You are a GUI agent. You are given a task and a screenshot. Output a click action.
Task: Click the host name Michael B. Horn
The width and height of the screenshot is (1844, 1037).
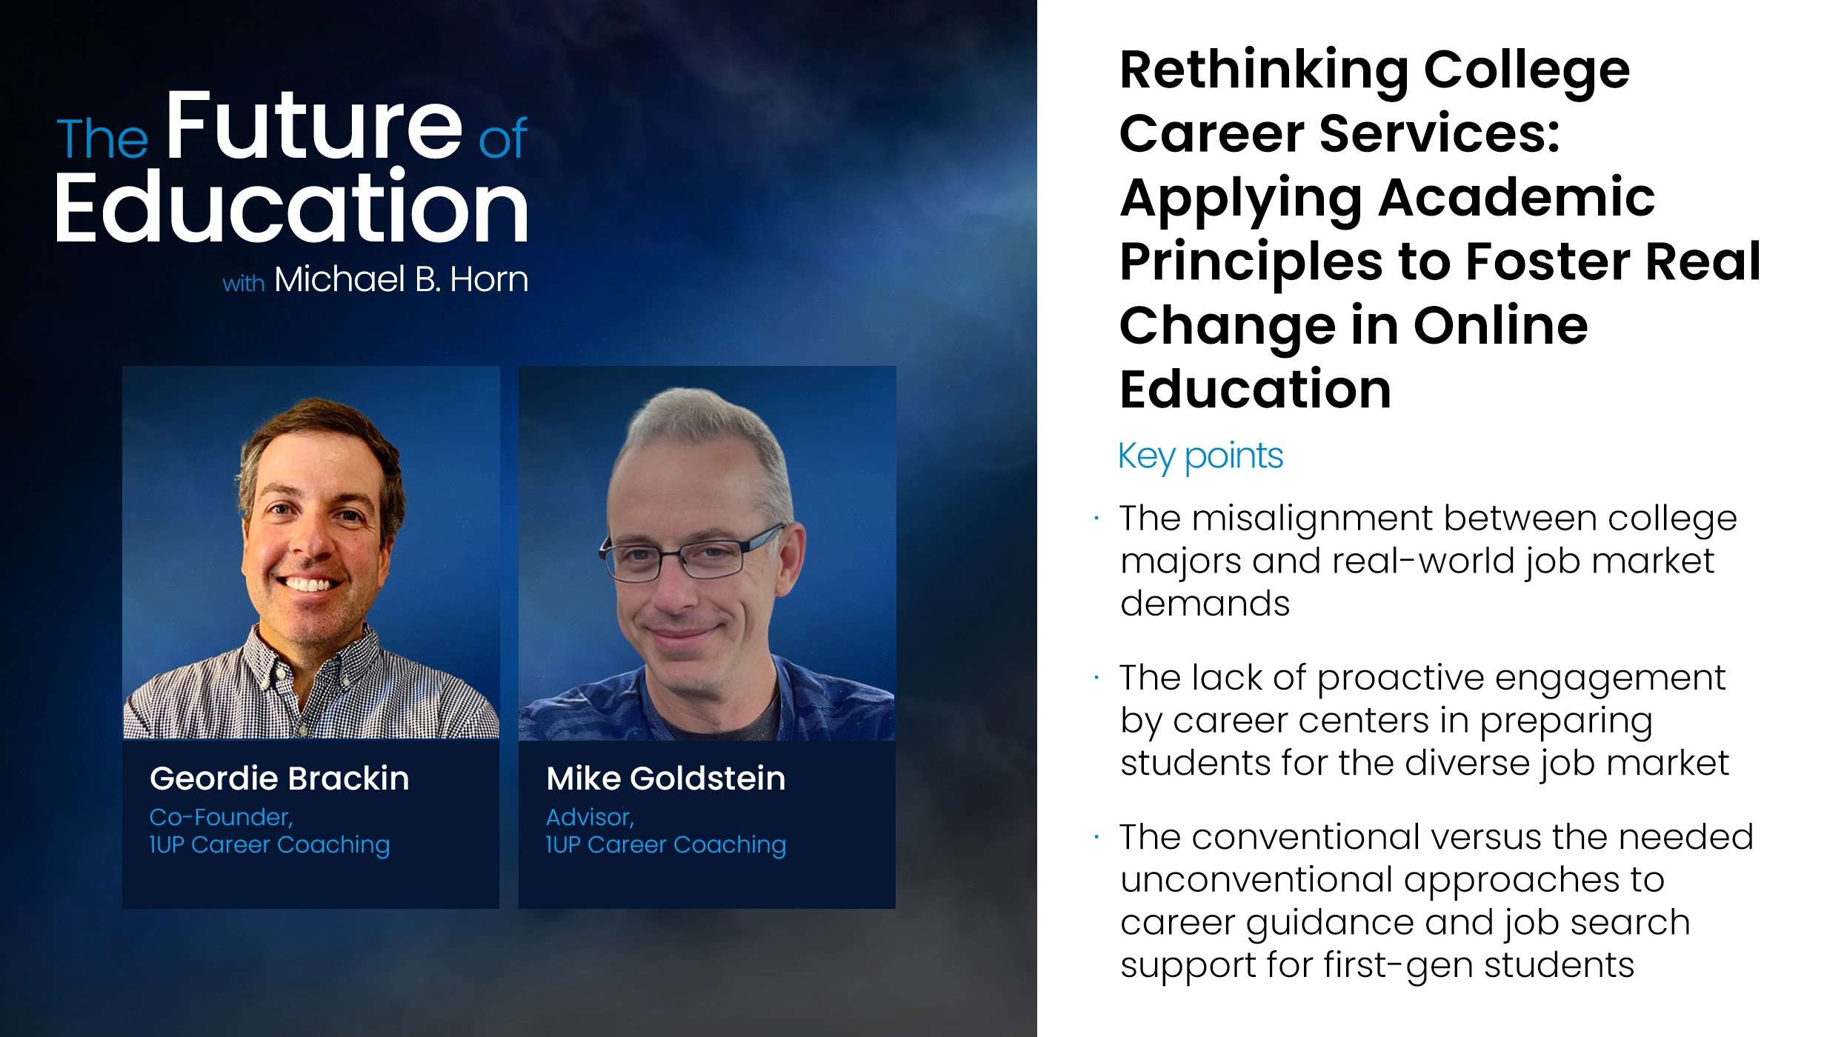[x=401, y=279]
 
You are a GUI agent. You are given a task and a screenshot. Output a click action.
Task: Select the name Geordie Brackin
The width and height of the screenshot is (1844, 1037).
[x=279, y=778]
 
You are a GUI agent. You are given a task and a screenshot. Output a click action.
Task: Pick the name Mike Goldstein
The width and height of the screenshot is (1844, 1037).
[x=665, y=778]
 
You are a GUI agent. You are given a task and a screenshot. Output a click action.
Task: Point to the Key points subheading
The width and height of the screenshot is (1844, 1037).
[x=1200, y=456]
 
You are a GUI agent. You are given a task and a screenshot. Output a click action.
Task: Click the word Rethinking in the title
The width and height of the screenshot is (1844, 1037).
[x=1264, y=71]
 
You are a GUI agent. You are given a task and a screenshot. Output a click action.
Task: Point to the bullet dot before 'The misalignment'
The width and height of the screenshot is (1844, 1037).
[x=1096, y=518]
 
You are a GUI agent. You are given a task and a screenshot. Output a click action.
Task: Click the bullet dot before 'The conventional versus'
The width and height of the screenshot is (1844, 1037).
[x=1096, y=837]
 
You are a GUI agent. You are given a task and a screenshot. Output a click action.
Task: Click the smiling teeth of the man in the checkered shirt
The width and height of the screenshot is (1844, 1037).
[x=308, y=584]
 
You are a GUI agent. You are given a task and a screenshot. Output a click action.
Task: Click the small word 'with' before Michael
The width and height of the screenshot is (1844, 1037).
[x=244, y=283]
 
